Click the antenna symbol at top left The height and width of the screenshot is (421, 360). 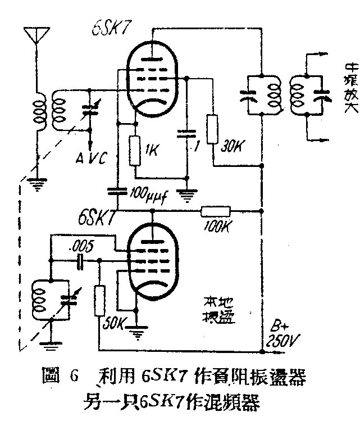coord(34,35)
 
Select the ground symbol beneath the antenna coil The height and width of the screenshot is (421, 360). coord(38,183)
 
